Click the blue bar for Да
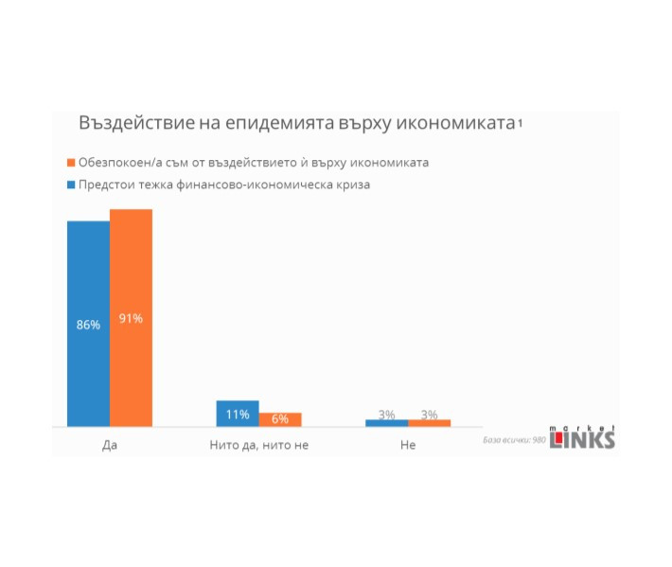click(x=88, y=324)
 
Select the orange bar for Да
click(x=131, y=318)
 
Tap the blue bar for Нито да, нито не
click(x=238, y=414)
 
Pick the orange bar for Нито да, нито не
click(x=280, y=419)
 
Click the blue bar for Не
click(x=387, y=423)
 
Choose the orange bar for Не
click(x=430, y=423)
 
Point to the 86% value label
click(x=88, y=325)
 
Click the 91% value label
click(x=131, y=318)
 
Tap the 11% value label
click(x=238, y=414)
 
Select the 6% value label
click(x=280, y=419)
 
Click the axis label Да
click(x=109, y=444)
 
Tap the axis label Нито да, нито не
click(x=258, y=444)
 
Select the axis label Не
click(x=408, y=444)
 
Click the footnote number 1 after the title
click(x=521, y=125)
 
